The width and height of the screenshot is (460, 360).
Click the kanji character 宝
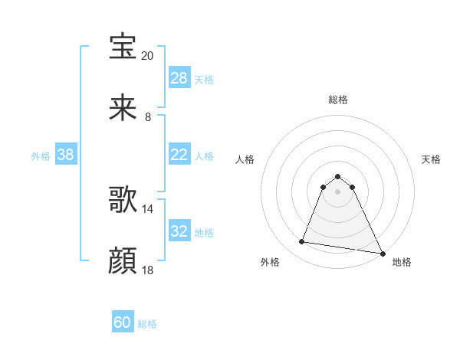pyautogui.click(x=123, y=47)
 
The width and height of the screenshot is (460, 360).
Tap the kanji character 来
pyautogui.click(x=123, y=108)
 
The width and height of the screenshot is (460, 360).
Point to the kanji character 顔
pyautogui.click(x=123, y=261)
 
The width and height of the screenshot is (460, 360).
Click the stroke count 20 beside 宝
pyautogui.click(x=147, y=56)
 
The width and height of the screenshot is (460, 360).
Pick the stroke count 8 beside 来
pyautogui.click(x=147, y=117)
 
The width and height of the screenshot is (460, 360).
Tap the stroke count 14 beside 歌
pyautogui.click(x=147, y=208)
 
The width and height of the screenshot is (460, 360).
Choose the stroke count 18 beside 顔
pyautogui.click(x=147, y=270)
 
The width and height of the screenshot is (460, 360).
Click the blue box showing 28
pyautogui.click(x=179, y=78)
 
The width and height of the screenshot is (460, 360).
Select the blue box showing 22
pyautogui.click(x=179, y=155)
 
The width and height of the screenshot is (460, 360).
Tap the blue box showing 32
pyautogui.click(x=179, y=231)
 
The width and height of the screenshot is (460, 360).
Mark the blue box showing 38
pyautogui.click(x=66, y=155)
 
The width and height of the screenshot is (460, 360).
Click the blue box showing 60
pyautogui.click(x=123, y=322)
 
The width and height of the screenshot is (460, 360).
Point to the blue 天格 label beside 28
pyautogui.click(x=204, y=79)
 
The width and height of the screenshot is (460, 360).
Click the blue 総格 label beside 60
pyautogui.click(x=147, y=324)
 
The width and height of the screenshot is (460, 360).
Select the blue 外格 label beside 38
pyautogui.click(x=41, y=155)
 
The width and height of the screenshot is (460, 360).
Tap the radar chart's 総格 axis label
pyautogui.click(x=338, y=100)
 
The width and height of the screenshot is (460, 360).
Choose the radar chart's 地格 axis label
pyautogui.click(x=402, y=262)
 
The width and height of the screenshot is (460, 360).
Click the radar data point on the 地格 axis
pyautogui.click(x=383, y=254)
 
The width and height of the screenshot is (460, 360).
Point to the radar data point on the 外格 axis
pyautogui.click(x=302, y=242)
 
